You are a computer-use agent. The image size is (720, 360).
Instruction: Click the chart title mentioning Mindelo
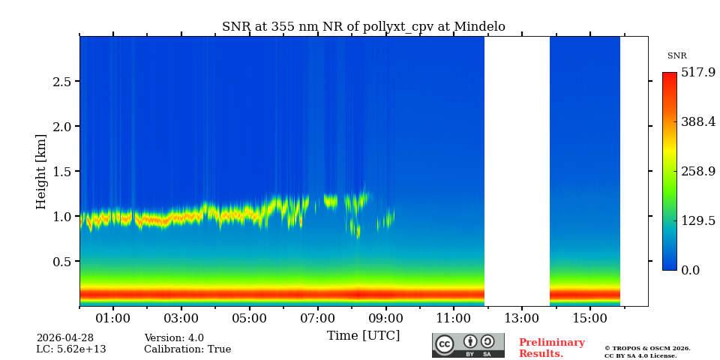pos(363,27)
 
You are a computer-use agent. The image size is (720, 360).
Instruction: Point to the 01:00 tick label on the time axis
pos(113,319)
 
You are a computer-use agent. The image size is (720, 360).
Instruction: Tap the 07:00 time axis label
pos(317,319)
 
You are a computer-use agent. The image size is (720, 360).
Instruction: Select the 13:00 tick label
pos(521,319)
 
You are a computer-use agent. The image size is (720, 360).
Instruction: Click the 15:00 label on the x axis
pos(589,319)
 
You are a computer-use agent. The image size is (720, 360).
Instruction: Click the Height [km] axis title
pos(41,171)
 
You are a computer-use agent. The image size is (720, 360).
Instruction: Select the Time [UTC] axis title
pos(363,335)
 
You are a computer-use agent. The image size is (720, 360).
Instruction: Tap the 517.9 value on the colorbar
pos(697,73)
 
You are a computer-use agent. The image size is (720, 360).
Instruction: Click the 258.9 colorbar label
pos(697,172)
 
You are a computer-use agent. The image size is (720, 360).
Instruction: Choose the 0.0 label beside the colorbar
pos(691,271)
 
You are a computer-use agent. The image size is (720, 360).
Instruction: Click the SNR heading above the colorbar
pos(676,56)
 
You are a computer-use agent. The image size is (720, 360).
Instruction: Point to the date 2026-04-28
pos(65,338)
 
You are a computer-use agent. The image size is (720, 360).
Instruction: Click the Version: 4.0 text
pos(174,338)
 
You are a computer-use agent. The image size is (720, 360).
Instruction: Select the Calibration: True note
pos(187,349)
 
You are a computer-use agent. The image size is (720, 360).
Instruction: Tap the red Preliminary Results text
pos(551,348)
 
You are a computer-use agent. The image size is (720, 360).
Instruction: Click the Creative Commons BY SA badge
pos(468,345)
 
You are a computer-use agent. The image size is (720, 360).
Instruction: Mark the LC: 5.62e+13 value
pos(71,349)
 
